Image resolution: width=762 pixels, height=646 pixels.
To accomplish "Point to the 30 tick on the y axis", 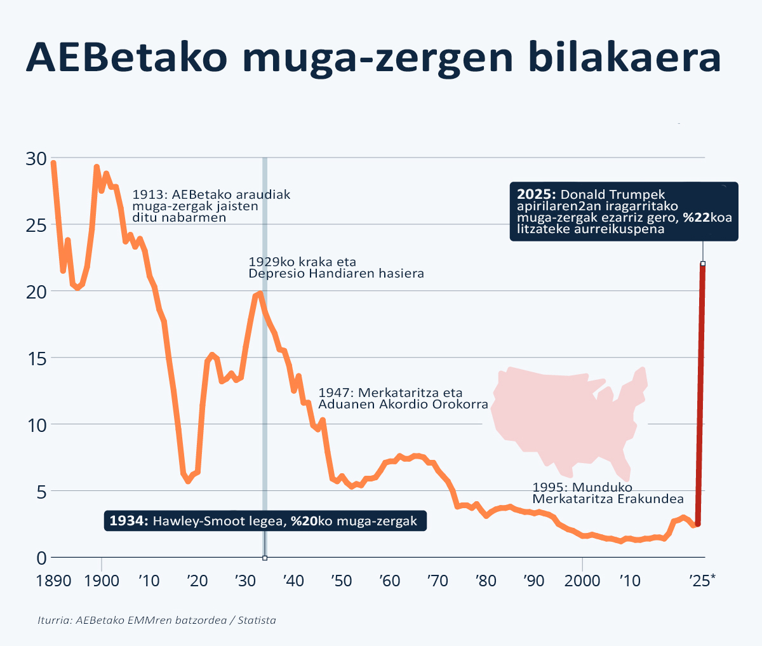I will [x=37, y=158].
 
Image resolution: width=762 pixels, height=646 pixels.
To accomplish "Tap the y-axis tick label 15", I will [x=37, y=358].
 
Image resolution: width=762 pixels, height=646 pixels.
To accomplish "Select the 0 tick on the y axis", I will [x=42, y=558].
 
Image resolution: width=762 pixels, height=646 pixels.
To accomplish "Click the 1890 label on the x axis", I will [x=53, y=581].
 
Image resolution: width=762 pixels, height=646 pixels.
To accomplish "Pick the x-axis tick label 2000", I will [x=582, y=581].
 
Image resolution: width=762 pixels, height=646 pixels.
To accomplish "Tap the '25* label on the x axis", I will [x=701, y=581].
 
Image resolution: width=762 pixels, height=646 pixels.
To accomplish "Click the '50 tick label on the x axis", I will [x=341, y=581].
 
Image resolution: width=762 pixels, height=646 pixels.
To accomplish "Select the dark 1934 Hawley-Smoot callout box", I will [x=265, y=522].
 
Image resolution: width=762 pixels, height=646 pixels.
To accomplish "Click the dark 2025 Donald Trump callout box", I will [x=624, y=212].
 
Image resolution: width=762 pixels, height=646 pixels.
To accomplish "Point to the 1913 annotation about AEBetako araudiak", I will [x=211, y=206].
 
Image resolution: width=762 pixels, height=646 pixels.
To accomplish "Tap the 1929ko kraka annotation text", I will [x=335, y=267].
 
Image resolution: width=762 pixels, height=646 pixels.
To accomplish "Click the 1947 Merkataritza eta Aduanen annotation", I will [x=403, y=398].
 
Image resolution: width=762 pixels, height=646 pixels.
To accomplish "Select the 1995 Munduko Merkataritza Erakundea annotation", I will [x=608, y=493].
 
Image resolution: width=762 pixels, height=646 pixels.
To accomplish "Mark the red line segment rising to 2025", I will [x=700, y=394].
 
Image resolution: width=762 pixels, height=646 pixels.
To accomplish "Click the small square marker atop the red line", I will [x=703, y=264].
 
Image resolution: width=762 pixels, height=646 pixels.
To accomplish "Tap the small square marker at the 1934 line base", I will [x=265, y=558].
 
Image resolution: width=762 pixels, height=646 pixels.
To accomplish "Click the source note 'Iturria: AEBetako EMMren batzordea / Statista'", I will [x=157, y=620].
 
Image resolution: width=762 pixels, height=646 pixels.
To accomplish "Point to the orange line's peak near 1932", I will [x=259, y=293].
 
